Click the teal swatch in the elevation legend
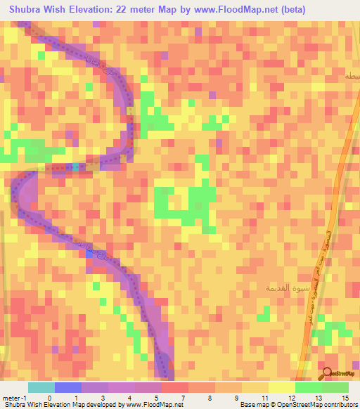click(41, 387)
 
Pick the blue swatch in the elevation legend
click(68, 387)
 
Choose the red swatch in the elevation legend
click(174, 387)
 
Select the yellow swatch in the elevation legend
click(281, 387)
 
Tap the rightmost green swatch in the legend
click(335, 387)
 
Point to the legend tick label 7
click(183, 397)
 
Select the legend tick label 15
click(345, 397)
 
